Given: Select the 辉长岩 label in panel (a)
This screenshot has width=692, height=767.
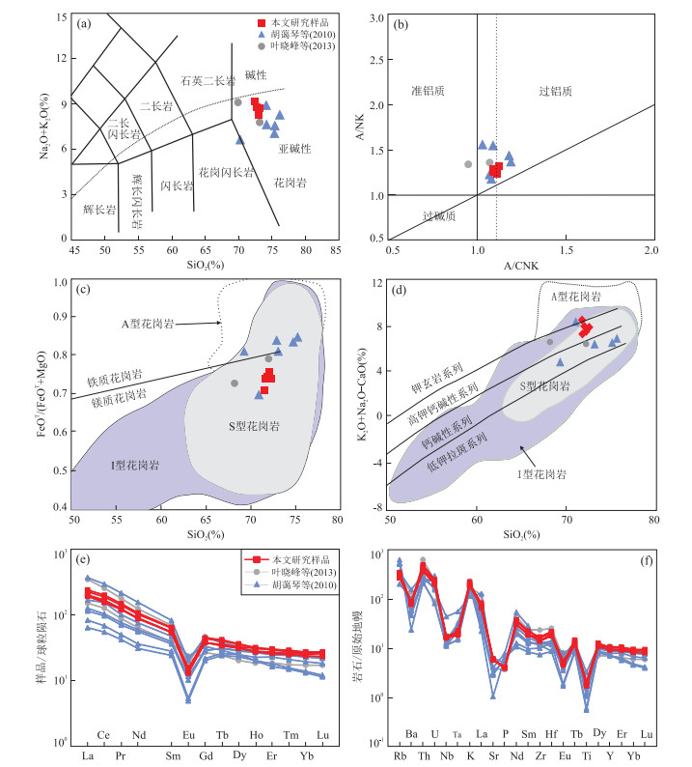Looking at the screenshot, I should pos(99,209).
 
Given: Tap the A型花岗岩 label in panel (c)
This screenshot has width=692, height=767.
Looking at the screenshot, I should pos(175,325).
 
